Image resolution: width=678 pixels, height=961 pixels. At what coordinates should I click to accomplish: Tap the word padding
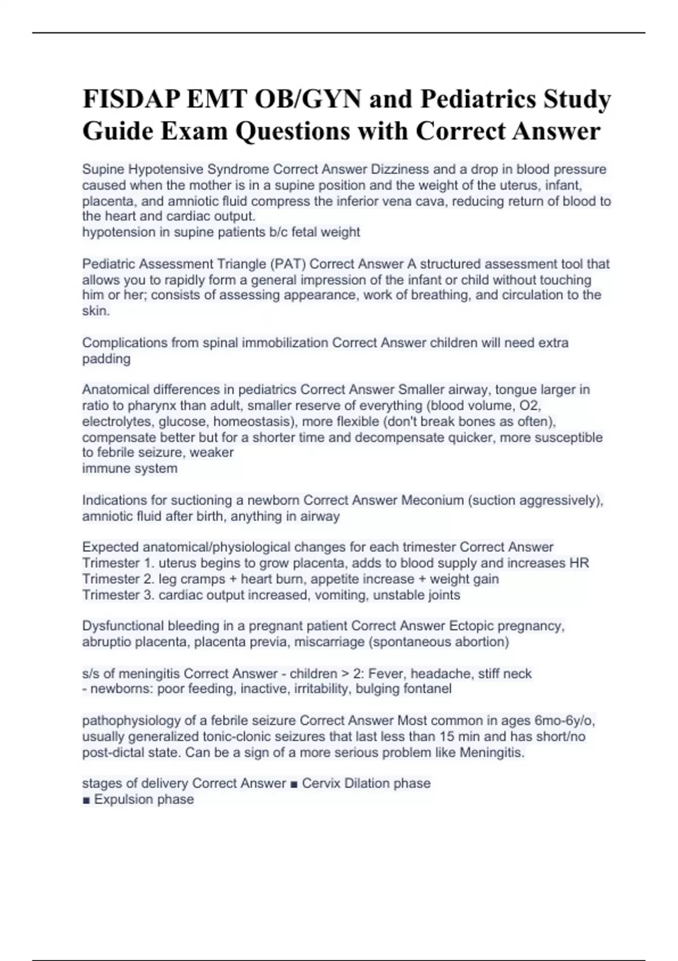click(106, 358)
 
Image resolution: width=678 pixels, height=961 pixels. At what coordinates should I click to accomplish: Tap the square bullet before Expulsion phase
click(86, 800)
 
